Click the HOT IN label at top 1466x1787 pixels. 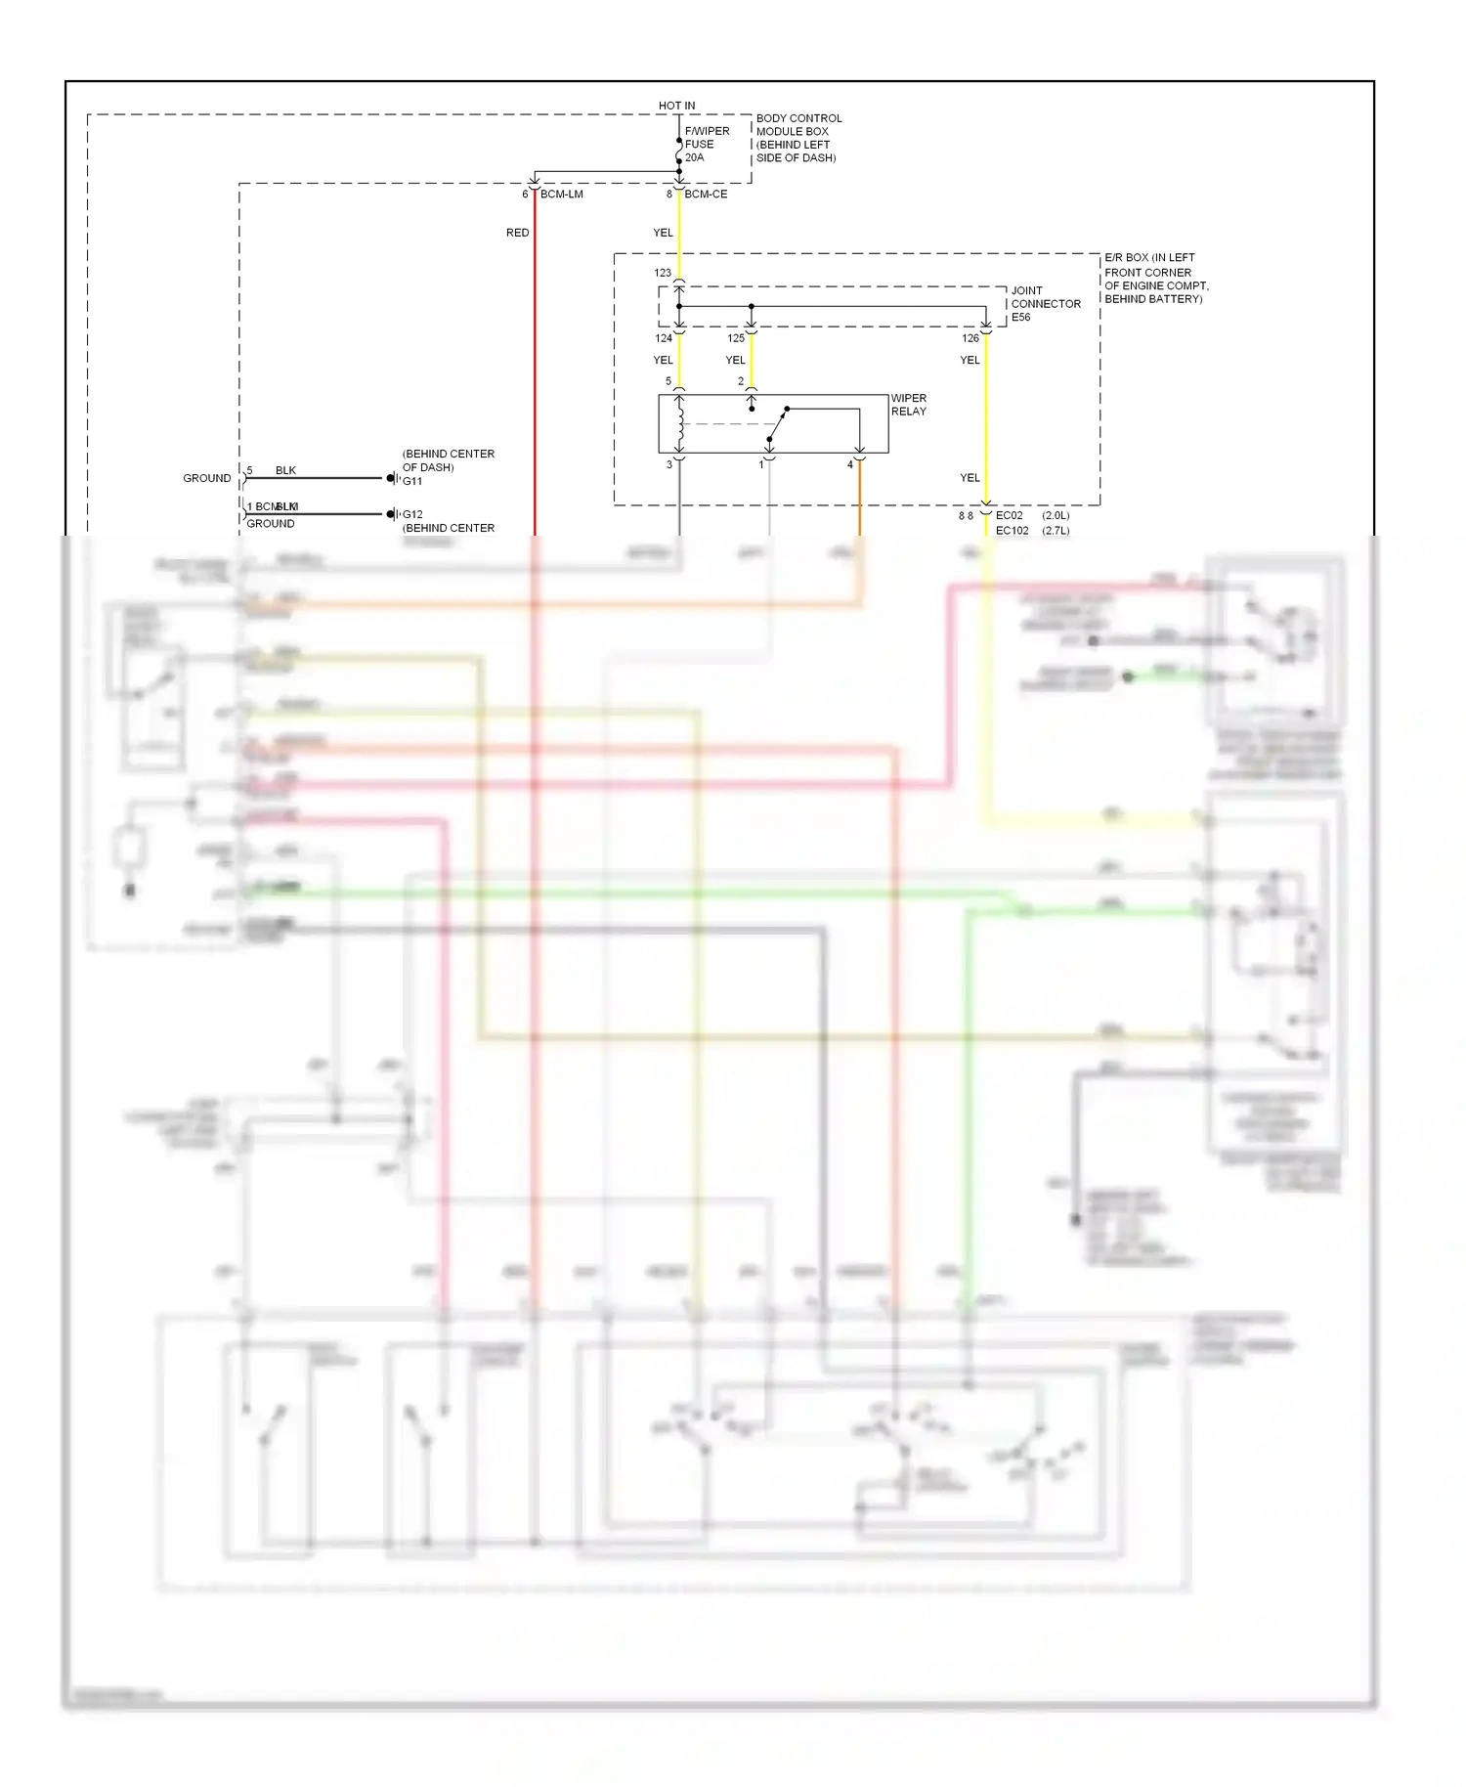[676, 106]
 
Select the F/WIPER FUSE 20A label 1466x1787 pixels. [706, 144]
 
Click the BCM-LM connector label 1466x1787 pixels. [561, 195]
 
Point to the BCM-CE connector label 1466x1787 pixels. [706, 195]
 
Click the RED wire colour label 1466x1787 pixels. [517, 233]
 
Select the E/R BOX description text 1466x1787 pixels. [1155, 279]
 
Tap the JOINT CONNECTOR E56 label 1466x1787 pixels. [1045, 304]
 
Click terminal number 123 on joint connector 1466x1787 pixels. [663, 274]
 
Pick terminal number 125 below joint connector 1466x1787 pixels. [736, 338]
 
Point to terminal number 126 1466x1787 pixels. [970, 338]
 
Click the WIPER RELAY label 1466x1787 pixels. [908, 405]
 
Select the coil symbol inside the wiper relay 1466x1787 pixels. [680, 416]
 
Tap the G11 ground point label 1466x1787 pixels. [412, 481]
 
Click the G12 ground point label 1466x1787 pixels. [412, 514]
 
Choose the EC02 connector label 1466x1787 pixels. [1009, 515]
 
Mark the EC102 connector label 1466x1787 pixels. [1012, 531]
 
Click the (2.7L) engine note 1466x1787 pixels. [1056, 531]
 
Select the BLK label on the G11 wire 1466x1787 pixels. [285, 470]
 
